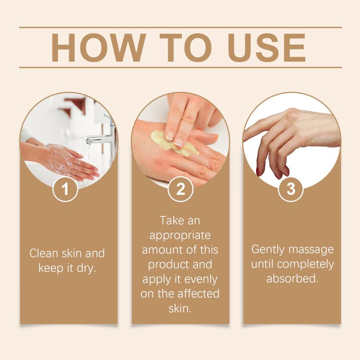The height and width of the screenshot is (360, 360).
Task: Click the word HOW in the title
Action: (98, 48)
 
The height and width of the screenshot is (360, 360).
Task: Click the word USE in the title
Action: (267, 48)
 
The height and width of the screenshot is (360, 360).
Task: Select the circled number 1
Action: (65, 189)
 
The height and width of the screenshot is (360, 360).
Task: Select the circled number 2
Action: (180, 189)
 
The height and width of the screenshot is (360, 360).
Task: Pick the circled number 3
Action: (291, 189)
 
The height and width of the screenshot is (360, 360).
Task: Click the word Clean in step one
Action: (44, 253)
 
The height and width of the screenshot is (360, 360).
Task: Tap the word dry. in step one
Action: (86, 268)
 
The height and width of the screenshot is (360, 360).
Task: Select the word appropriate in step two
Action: (180, 236)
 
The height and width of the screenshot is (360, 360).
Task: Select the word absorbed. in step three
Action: (292, 279)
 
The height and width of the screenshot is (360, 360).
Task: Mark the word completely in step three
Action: (306, 265)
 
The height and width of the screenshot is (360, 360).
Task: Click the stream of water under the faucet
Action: (88, 158)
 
